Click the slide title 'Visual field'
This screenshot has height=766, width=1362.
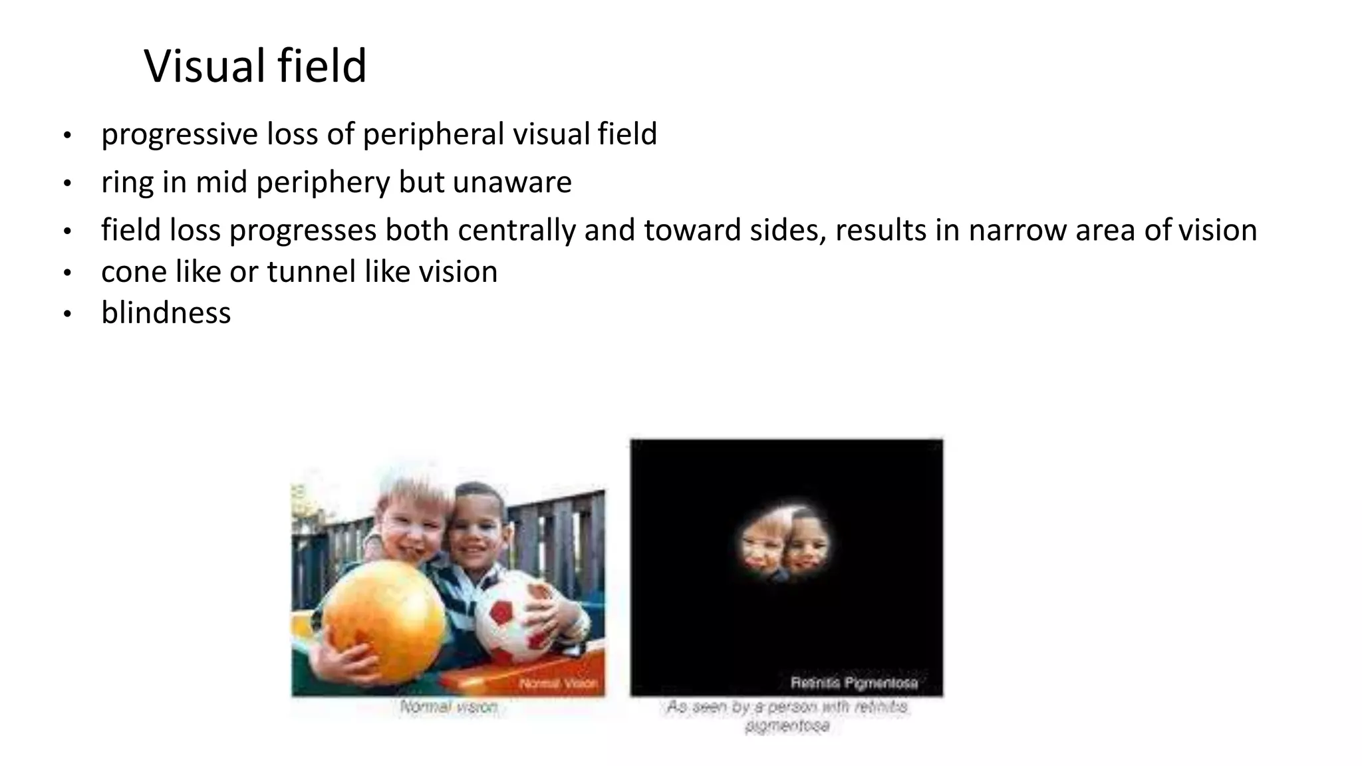click(x=255, y=66)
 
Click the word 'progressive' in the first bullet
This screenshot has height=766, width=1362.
click(x=180, y=135)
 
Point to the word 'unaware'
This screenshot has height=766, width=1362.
click(x=512, y=183)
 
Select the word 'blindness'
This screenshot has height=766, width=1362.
click(x=166, y=313)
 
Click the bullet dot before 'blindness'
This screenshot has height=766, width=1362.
click(x=67, y=315)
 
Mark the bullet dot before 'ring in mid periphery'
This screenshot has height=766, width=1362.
click(x=67, y=184)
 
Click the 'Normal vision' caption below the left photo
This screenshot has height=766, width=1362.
click(x=449, y=707)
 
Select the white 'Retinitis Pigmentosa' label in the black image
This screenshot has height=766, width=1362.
click(x=854, y=683)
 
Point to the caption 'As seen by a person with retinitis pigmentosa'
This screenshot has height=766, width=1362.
click(x=787, y=715)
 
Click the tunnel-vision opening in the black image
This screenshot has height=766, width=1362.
click(x=785, y=544)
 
